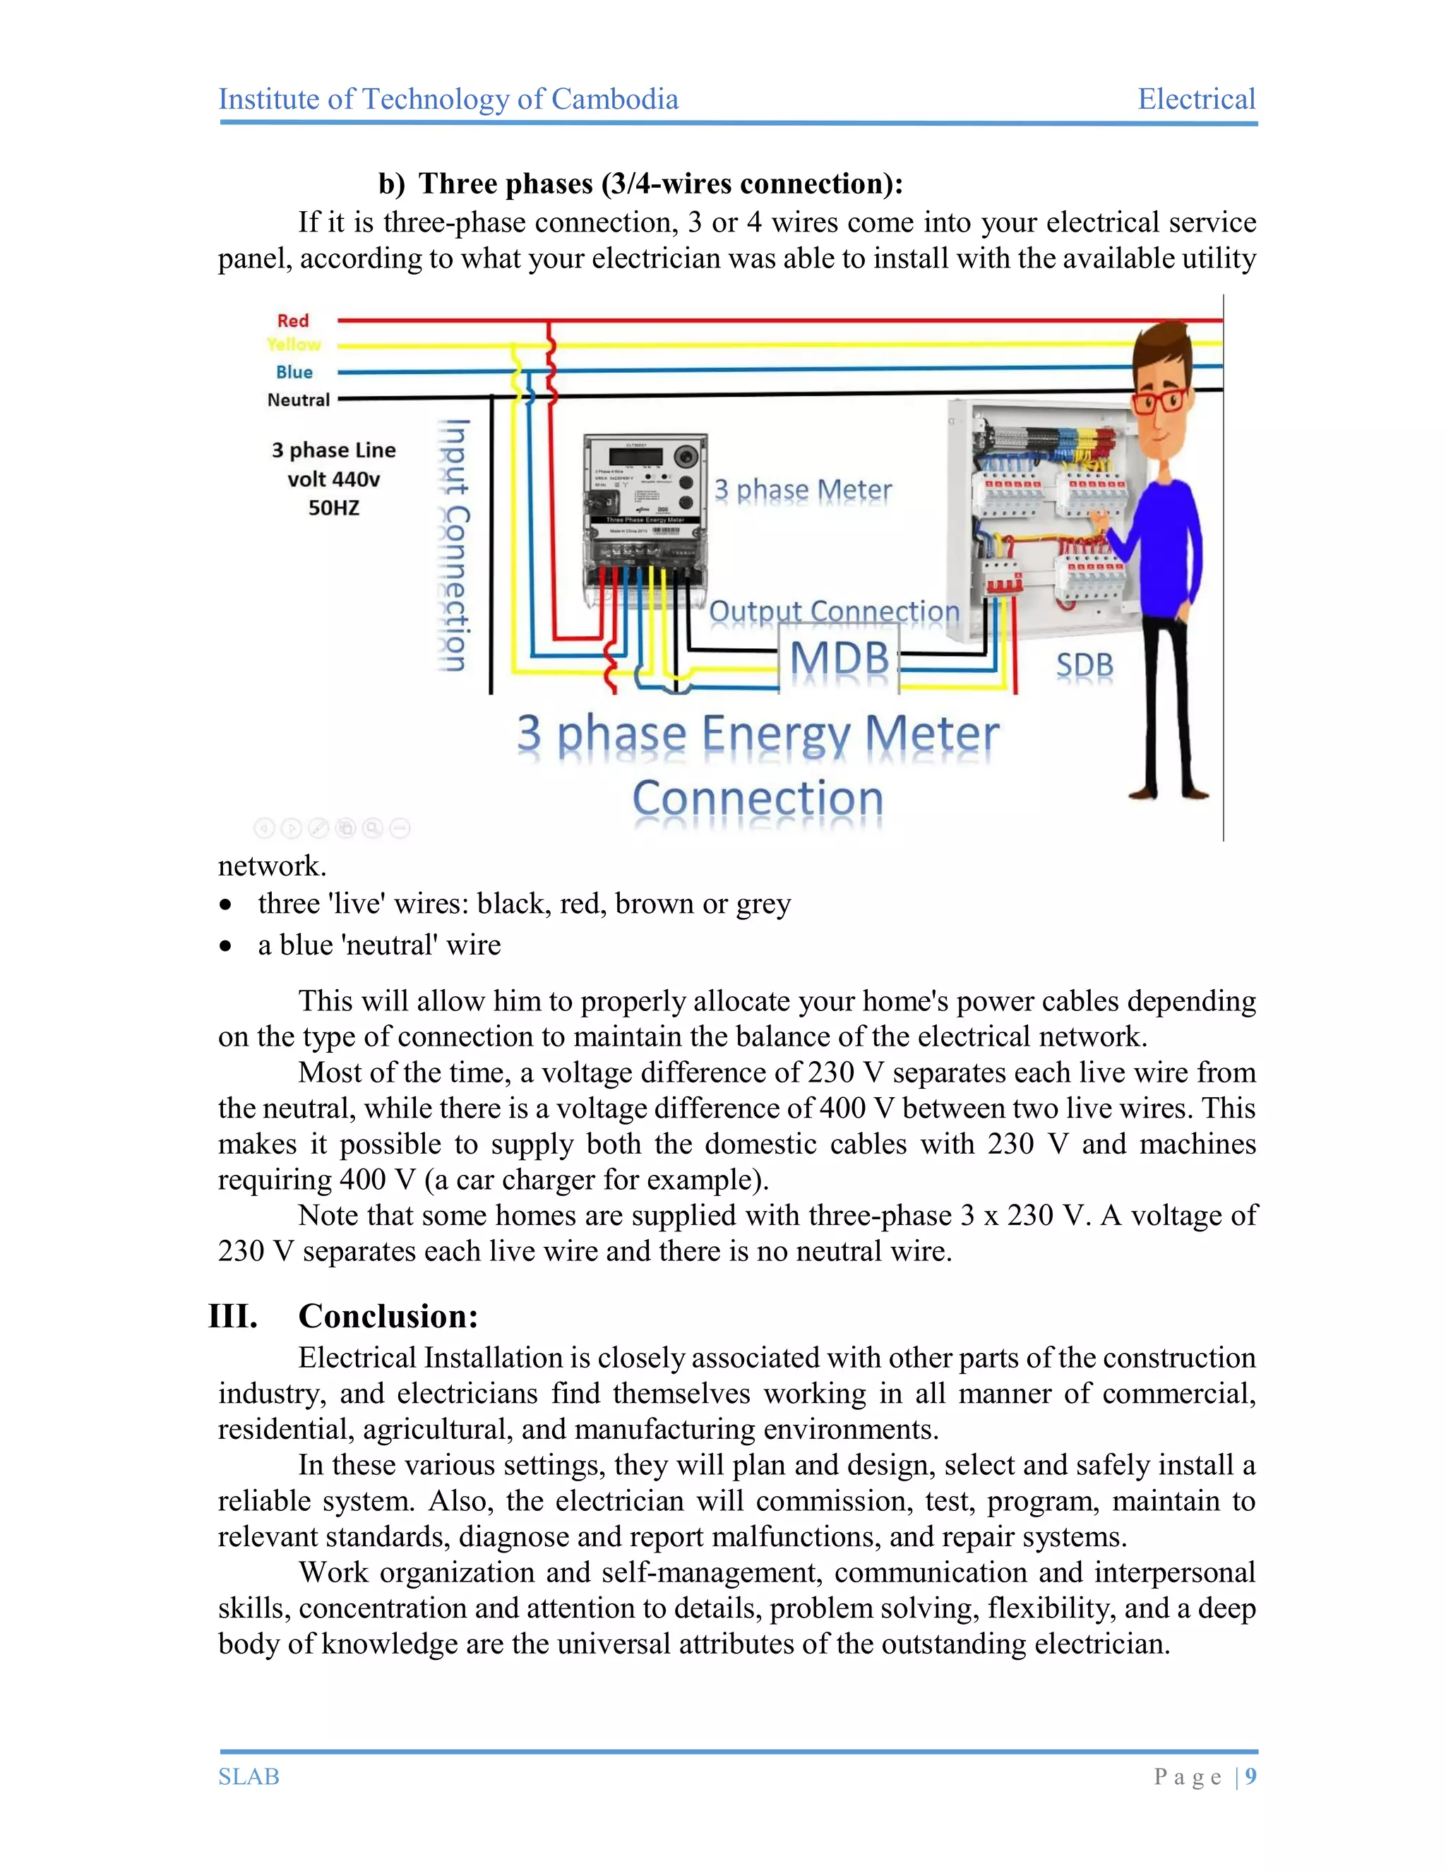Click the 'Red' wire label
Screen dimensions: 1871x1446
[292, 321]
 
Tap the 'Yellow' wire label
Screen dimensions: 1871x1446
[294, 345]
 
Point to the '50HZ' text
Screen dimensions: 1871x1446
[333, 508]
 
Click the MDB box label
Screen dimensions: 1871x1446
[839, 659]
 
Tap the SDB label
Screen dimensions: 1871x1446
[1084, 666]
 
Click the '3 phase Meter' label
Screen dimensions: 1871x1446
[803, 490]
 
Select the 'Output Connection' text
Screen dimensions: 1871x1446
[834, 611]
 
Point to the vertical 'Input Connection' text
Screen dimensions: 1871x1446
[454, 545]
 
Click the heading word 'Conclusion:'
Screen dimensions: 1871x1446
[388, 1316]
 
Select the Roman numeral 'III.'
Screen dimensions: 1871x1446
[233, 1316]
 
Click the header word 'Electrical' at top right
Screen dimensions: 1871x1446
[1196, 100]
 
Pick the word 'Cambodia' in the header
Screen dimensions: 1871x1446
[614, 100]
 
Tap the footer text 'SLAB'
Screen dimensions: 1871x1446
[249, 1777]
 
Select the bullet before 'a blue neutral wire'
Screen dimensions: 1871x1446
[225, 946]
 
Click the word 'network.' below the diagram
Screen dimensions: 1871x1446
[272, 866]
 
